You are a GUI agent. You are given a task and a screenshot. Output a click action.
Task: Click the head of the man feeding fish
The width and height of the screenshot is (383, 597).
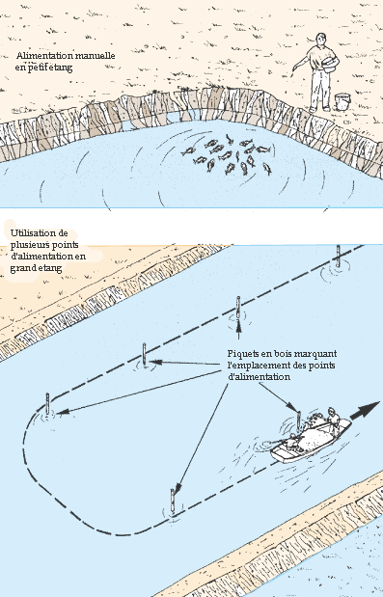coord(321,39)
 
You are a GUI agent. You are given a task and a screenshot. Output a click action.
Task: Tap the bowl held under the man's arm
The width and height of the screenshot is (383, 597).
coord(330,64)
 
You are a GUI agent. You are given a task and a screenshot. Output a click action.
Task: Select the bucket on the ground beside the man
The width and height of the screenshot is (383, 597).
coord(342,101)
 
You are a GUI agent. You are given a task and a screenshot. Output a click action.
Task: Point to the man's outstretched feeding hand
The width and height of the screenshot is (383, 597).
coord(295,68)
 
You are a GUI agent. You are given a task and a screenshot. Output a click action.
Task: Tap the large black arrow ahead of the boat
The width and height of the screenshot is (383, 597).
coord(365,411)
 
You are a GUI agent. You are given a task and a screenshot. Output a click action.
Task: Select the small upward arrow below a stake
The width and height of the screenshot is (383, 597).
coord(238,330)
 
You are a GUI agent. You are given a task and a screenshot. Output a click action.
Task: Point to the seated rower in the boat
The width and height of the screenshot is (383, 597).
coord(292,441)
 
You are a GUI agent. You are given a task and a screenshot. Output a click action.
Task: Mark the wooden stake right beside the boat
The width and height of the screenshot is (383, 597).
coord(298,421)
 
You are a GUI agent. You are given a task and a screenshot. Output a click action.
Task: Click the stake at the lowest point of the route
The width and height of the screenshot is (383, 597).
coord(172,502)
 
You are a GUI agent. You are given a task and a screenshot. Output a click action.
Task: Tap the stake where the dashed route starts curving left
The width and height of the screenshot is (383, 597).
coord(47,404)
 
